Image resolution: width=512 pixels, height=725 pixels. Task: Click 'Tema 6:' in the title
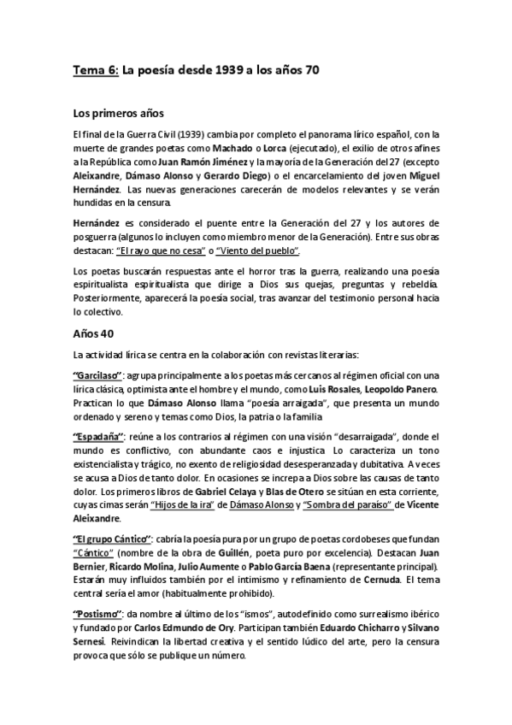pyautogui.click(x=95, y=71)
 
